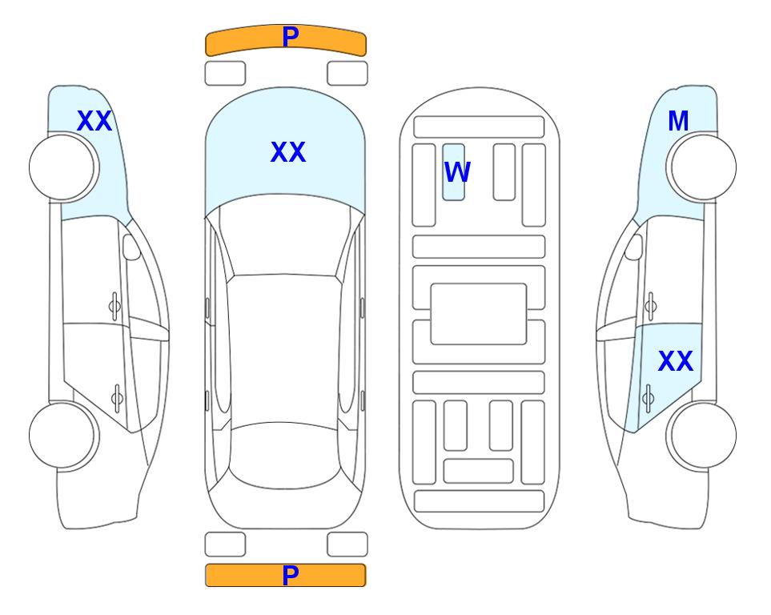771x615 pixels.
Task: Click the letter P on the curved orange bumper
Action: [291, 36]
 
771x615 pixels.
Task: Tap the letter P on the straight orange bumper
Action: [291, 575]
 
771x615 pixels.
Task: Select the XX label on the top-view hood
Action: [288, 152]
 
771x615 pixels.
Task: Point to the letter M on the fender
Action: [678, 121]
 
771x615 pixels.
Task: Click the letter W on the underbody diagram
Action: [457, 172]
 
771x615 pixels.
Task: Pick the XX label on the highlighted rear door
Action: [676, 361]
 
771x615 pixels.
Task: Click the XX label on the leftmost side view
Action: [94, 121]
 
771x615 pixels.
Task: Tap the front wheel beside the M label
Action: [701, 167]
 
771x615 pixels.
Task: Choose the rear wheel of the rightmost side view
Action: [701, 435]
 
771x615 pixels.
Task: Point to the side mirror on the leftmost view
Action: [131, 247]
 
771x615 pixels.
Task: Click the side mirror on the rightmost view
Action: [633, 247]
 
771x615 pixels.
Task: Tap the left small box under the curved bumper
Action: [225, 74]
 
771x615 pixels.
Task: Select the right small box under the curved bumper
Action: [347, 74]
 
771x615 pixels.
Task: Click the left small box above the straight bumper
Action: [225, 545]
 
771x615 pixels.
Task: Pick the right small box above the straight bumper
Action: [347, 545]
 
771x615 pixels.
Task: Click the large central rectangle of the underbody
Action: [479, 314]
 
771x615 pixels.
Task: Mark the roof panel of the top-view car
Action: [284, 350]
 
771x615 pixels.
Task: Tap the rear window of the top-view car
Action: [285, 455]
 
